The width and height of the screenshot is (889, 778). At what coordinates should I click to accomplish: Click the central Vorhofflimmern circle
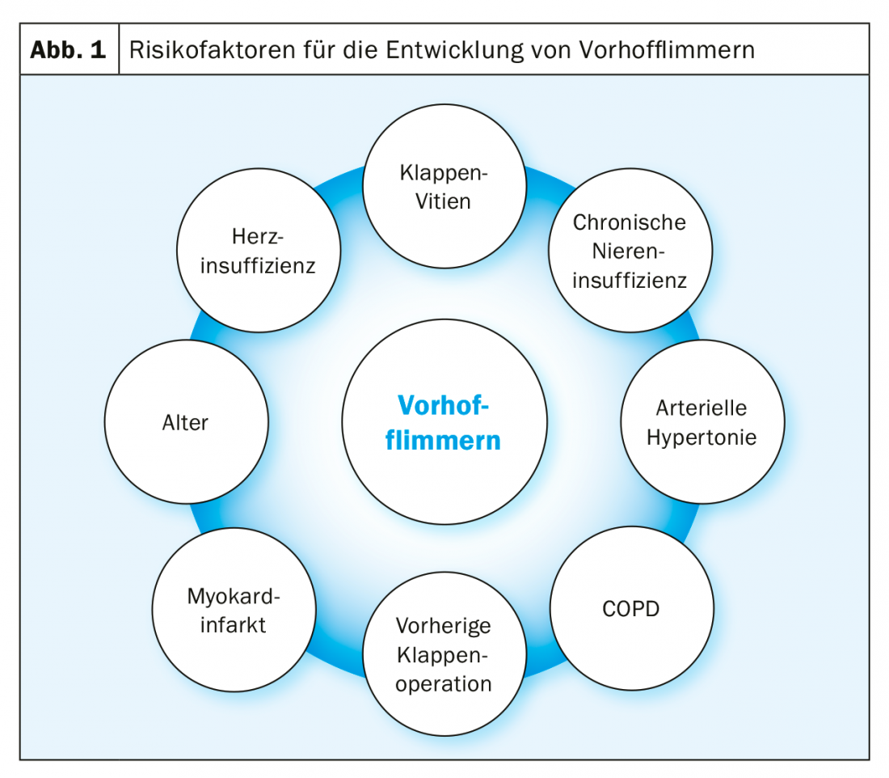[x=444, y=421]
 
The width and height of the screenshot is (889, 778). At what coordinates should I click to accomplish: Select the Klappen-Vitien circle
[x=444, y=186]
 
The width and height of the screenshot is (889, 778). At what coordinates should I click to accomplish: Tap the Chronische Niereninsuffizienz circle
[x=630, y=251]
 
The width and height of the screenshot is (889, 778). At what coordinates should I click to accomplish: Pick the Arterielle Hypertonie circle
[x=702, y=422]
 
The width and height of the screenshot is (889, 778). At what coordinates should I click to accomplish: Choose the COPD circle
[x=631, y=608]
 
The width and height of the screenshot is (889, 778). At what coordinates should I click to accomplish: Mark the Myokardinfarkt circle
[x=234, y=610]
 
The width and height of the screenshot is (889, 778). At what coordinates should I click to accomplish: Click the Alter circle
[x=186, y=422]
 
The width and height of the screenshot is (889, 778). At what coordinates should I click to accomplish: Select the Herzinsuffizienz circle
[x=258, y=251]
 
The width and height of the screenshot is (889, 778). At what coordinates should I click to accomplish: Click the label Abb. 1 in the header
[x=69, y=49]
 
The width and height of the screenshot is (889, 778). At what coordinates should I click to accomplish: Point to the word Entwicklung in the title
[x=455, y=49]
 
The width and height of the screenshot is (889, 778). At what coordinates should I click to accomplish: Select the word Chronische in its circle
[x=630, y=222]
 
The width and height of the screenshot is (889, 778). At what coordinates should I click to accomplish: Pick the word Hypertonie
[x=702, y=438]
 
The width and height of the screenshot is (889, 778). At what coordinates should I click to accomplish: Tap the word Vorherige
[x=444, y=625]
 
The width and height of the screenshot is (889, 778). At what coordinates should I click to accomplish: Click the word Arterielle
[x=702, y=407]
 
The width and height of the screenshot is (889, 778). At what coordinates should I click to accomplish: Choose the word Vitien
[x=444, y=201]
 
